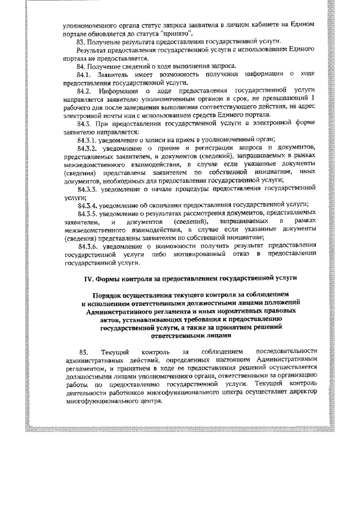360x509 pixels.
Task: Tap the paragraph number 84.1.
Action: (85, 74)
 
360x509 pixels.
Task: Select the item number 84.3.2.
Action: (89, 147)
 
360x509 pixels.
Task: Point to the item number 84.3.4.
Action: (89, 205)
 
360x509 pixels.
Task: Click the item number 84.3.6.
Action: (89, 245)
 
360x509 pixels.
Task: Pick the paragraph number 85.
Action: (84, 351)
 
